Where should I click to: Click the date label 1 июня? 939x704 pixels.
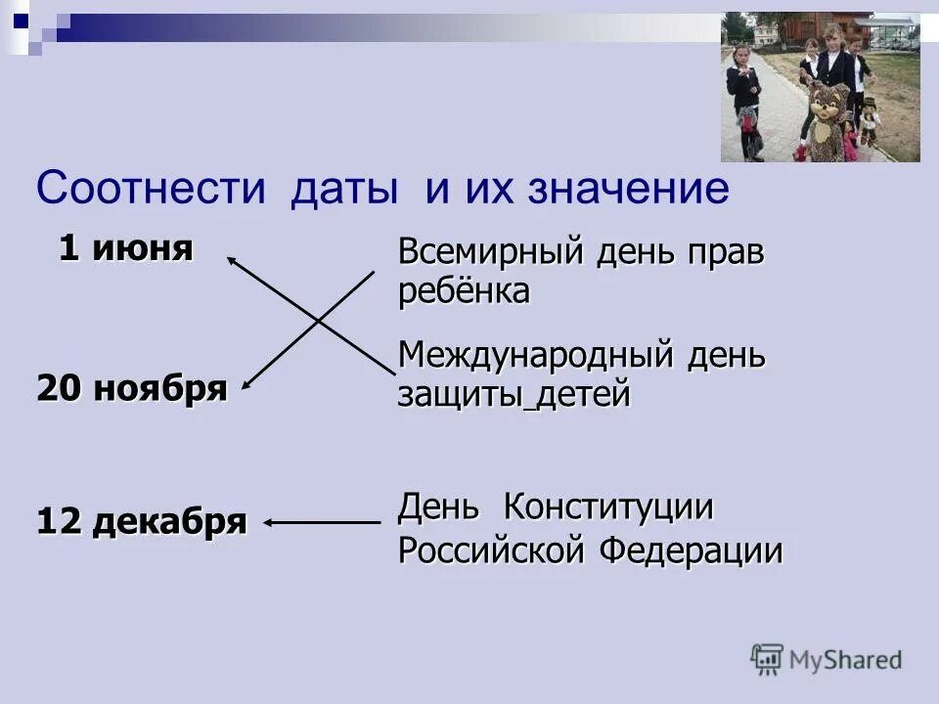coord(125,248)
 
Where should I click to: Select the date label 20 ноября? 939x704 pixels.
coord(132,389)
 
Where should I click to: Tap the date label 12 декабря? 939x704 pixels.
coord(142,522)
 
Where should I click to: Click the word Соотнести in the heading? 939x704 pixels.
coord(151,188)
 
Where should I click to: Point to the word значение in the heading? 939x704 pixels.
coord(629,188)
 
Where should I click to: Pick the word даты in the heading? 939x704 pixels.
coord(343,188)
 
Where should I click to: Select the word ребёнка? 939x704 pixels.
coord(464,291)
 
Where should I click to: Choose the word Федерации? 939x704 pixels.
coord(691,550)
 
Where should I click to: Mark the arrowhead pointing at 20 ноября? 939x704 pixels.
coord(245,385)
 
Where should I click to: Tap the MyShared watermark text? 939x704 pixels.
coord(845,660)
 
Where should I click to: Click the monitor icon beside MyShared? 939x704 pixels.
coord(768,660)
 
